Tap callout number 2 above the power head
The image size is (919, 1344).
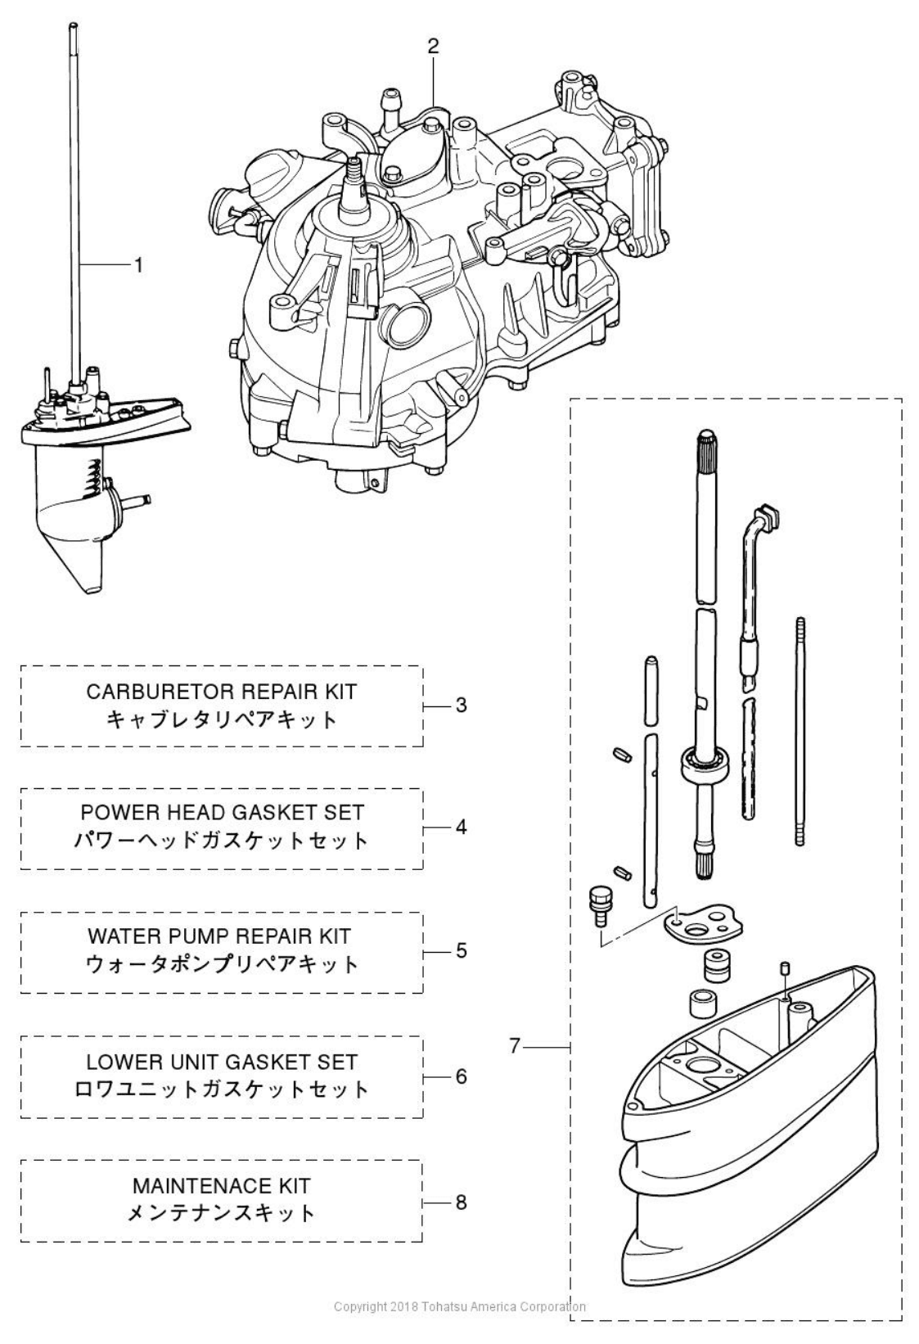(x=433, y=47)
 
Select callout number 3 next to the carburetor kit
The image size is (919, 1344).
(x=461, y=705)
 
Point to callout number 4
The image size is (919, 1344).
(x=461, y=827)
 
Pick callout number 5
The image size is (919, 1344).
(x=461, y=950)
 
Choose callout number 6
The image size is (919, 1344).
(x=461, y=1076)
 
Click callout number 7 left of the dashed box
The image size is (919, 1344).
(x=515, y=1045)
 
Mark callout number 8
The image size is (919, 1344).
(x=461, y=1202)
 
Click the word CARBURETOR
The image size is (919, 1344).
(x=158, y=692)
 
